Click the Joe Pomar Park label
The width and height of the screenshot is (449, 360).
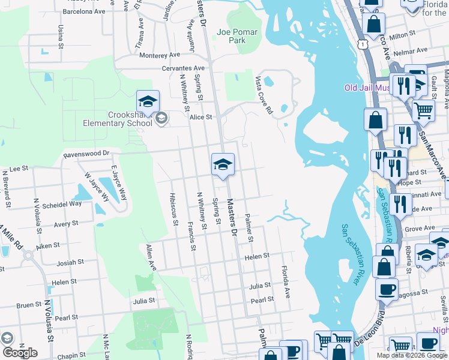[x=238, y=36]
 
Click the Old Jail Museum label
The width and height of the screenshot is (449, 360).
[x=367, y=88]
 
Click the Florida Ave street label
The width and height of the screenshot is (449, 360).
[x=286, y=285]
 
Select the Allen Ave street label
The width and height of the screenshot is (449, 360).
[x=151, y=257]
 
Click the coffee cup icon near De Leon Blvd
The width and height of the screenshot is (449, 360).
[x=387, y=289]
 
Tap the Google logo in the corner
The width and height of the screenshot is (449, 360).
[x=19, y=353]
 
